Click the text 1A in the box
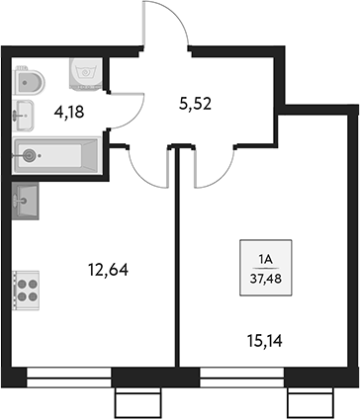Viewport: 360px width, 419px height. coord(265,260)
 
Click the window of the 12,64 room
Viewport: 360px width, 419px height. coord(69,375)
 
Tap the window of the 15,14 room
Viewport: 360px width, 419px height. coord(242,375)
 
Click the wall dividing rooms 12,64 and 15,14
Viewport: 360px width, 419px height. coord(178,267)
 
